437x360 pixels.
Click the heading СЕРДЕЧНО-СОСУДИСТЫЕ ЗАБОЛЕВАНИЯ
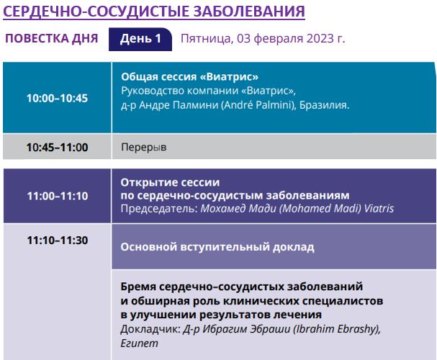pyautogui.click(x=154, y=12)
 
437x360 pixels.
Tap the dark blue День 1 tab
pyautogui.click(x=140, y=39)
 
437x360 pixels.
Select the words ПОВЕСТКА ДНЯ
pyautogui.click(x=52, y=38)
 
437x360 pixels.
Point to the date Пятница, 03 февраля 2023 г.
pyautogui.click(x=263, y=38)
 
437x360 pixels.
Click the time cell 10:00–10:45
pyautogui.click(x=57, y=98)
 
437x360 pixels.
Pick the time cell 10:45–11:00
pyautogui.click(x=57, y=147)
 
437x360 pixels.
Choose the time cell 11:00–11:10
pyautogui.click(x=58, y=196)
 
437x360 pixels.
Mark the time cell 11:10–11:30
pyautogui.click(x=58, y=240)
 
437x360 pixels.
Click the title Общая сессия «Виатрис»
pyautogui.click(x=190, y=76)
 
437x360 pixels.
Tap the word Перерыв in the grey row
pyautogui.click(x=144, y=147)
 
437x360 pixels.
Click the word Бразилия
pyautogui.click(x=324, y=105)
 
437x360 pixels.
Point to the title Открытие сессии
pyautogui.click(x=170, y=182)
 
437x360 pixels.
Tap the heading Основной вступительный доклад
pyautogui.click(x=217, y=247)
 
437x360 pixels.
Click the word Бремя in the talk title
pyautogui.click(x=138, y=287)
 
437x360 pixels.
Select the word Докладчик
pyautogui.click(x=150, y=329)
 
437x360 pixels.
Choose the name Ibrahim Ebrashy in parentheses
pyautogui.click(x=337, y=329)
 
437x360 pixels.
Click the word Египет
pyautogui.click(x=140, y=343)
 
